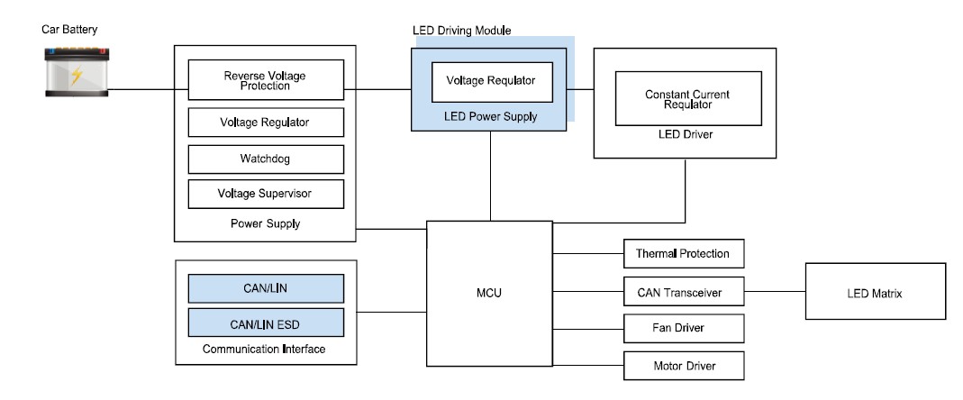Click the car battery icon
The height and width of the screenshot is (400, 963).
pyautogui.click(x=77, y=72)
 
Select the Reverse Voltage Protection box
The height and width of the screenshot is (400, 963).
pyautogui.click(x=266, y=80)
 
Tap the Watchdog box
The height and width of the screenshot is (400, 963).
pyautogui.click(x=266, y=159)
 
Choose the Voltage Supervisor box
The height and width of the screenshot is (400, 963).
pyautogui.click(x=266, y=195)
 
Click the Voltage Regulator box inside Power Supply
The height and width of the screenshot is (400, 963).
pyautogui.click(x=266, y=123)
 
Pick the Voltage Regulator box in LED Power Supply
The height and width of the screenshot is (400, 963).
pyautogui.click(x=492, y=82)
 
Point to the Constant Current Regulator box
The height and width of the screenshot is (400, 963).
pyautogui.click(x=688, y=99)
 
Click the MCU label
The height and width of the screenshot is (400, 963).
pyautogui.click(x=489, y=293)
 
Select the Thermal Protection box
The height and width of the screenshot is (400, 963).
pyautogui.click(x=684, y=254)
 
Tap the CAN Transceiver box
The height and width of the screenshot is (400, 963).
pyautogui.click(x=684, y=291)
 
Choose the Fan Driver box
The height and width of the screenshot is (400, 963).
pyautogui.click(x=684, y=328)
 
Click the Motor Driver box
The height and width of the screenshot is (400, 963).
pyautogui.click(x=684, y=366)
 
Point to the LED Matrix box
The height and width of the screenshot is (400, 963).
pyautogui.click(x=876, y=291)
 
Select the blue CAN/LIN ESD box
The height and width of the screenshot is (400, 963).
pyautogui.click(x=266, y=323)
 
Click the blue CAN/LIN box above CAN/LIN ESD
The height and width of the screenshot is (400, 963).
pyautogui.click(x=266, y=288)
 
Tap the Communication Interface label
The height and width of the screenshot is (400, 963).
pyautogui.click(x=264, y=350)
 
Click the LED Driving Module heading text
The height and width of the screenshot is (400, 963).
pyautogui.click(x=462, y=31)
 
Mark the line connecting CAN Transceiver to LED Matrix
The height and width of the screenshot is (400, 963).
pyautogui.click(x=775, y=291)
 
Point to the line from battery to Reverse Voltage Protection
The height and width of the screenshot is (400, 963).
pyautogui.click(x=149, y=89)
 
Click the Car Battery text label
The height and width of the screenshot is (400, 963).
pyautogui.click(x=69, y=30)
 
